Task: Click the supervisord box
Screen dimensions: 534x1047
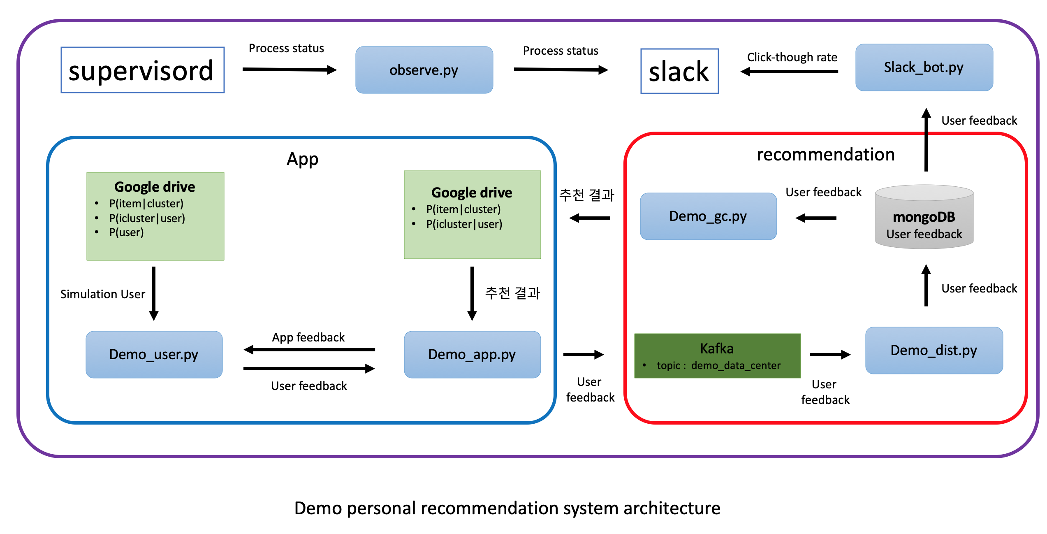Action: pos(142,70)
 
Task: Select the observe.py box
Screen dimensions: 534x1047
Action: pos(424,70)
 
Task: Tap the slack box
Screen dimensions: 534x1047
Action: pos(679,71)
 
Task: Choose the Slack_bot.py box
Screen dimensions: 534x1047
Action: pos(924,67)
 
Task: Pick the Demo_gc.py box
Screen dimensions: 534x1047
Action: pos(708,216)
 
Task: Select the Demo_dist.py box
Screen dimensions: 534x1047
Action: pos(934,351)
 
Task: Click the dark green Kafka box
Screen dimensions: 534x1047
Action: pos(717,356)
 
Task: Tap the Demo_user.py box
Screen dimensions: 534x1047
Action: pos(154,355)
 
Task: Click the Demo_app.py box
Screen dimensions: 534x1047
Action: pos(472,355)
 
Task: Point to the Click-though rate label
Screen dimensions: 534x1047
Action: pos(792,57)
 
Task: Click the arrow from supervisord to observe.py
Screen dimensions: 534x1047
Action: pos(290,70)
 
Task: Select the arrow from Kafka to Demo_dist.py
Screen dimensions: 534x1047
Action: pos(830,355)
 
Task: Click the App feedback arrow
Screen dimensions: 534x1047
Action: pos(309,350)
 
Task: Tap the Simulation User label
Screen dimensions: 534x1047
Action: pos(103,294)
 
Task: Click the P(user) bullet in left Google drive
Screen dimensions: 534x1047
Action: pos(126,232)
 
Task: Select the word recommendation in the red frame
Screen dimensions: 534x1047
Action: pos(826,155)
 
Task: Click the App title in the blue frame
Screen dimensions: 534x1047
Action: pos(302,159)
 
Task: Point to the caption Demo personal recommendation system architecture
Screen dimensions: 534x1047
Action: pos(507,508)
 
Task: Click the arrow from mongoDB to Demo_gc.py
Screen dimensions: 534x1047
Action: pos(816,218)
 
